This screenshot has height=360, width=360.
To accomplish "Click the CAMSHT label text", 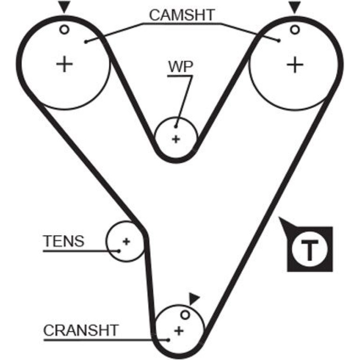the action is (182, 15).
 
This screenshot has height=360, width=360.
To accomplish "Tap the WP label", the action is (180, 66).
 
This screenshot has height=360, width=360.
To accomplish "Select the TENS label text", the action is (64, 241).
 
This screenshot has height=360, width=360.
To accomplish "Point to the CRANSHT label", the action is (81, 330).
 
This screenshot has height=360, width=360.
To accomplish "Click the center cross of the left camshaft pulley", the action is (65, 64).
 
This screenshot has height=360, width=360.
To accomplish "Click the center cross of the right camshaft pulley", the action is (295, 65).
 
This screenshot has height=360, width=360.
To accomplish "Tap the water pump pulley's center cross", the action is (176, 139).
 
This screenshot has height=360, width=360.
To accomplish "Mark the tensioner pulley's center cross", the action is (126, 241).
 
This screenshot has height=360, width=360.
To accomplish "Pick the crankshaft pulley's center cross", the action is (179, 331).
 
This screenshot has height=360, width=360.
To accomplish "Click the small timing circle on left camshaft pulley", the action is (65, 29).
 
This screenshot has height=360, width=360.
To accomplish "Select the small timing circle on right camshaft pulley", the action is (295, 29).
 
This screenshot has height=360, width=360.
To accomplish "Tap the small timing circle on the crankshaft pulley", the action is (185, 315).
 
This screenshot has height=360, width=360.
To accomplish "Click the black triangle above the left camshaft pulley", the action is (65, 6).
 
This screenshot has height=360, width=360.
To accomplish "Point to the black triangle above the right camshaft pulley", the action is (295, 6).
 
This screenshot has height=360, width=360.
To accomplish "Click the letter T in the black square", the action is (310, 250).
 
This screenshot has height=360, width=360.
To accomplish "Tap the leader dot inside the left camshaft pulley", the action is (86, 42).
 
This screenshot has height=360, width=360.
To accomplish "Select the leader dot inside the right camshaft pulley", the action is (279, 41).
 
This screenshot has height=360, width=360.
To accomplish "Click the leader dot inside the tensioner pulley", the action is (119, 251).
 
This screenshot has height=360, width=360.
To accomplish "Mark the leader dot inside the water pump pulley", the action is (176, 127).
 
